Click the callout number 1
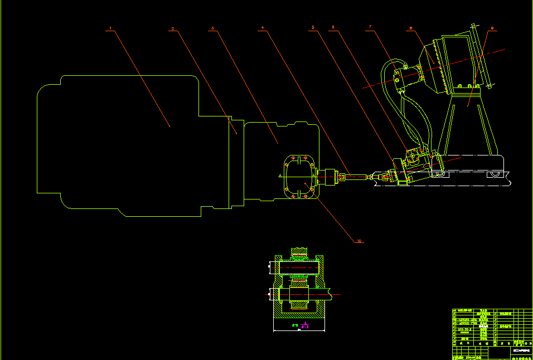click(111, 27)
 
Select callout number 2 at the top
click(173, 28)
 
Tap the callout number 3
click(212, 27)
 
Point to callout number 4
click(263, 27)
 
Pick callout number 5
click(313, 27)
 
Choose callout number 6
click(333, 27)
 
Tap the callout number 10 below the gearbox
click(360, 241)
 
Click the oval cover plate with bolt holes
click(299, 176)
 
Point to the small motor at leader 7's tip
click(404, 79)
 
